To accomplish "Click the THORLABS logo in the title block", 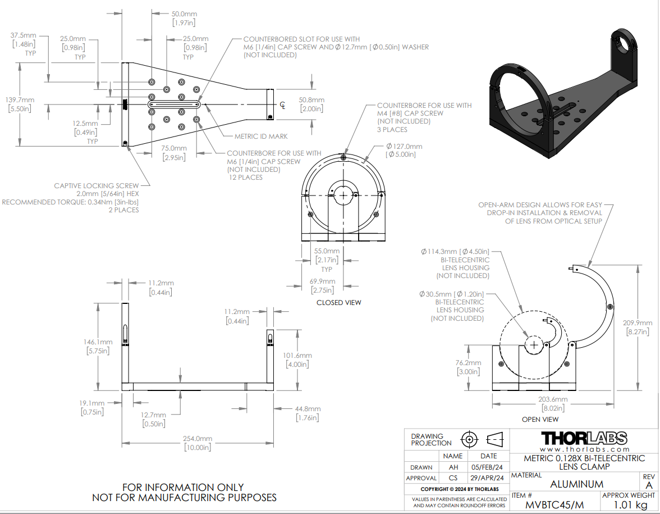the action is click(x=584, y=439).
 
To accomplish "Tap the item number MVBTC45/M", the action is click(x=554, y=504).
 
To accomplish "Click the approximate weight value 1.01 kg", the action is click(x=630, y=504).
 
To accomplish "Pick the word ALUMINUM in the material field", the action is click(x=577, y=484).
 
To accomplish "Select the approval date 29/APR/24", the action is click(x=487, y=477).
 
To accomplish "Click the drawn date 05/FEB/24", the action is click(x=487, y=467).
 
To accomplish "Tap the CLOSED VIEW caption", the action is click(x=339, y=302).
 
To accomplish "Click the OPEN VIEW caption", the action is click(x=540, y=419).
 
